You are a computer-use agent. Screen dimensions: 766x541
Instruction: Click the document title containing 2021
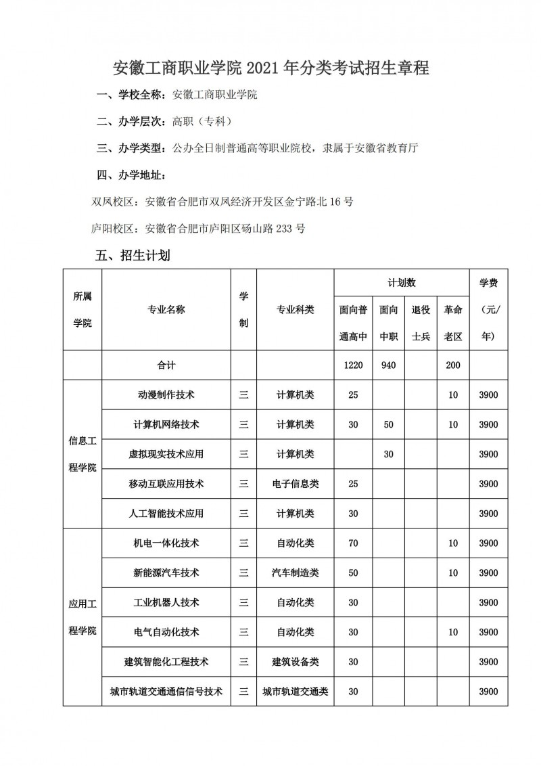point(270,68)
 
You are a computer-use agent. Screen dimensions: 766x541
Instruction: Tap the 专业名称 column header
point(166,310)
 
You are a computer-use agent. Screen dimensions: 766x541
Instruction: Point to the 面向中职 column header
point(388,323)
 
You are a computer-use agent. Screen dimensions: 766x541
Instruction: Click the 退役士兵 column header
point(421,323)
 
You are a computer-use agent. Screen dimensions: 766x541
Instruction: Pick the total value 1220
point(353,365)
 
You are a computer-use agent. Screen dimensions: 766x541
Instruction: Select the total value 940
point(388,365)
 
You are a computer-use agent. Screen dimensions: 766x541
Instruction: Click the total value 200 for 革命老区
point(453,365)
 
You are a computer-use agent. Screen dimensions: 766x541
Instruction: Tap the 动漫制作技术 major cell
point(166,395)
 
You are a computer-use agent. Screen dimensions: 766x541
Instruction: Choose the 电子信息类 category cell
point(296,484)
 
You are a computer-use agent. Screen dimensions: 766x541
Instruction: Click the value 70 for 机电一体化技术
point(353,543)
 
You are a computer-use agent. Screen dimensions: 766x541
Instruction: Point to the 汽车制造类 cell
point(296,572)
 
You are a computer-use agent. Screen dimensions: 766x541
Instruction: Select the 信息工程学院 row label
point(83,454)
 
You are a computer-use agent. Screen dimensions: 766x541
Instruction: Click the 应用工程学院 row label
point(83,617)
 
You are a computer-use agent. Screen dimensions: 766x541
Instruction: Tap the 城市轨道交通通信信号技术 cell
point(166,692)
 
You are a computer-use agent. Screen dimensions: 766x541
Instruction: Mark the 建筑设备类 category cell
point(296,662)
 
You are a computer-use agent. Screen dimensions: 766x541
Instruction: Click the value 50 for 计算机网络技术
point(388,424)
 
